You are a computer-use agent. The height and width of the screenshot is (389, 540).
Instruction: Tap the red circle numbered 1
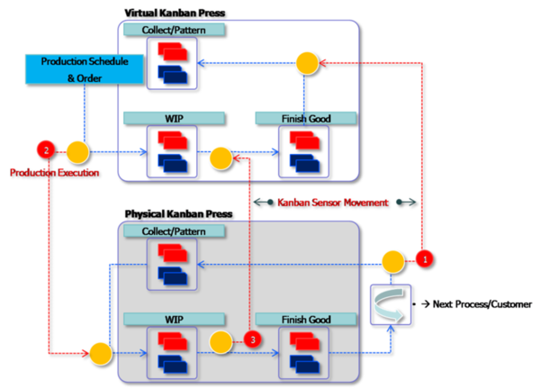pyautogui.click(x=425, y=258)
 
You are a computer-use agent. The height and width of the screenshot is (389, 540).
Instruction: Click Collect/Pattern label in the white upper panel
pyautogui.click(x=174, y=30)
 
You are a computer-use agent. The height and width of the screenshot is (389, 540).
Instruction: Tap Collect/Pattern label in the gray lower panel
pyautogui.click(x=174, y=232)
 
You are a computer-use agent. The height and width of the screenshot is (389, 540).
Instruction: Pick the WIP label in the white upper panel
pyautogui.click(x=174, y=118)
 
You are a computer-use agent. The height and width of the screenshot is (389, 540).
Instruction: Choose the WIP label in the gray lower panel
pyautogui.click(x=174, y=319)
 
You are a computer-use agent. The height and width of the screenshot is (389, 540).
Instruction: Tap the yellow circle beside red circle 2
pyautogui.click(x=76, y=152)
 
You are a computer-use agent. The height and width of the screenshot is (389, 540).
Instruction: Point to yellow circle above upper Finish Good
pyautogui.click(x=309, y=63)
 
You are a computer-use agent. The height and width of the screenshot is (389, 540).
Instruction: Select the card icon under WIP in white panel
pyautogui.click(x=174, y=149)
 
